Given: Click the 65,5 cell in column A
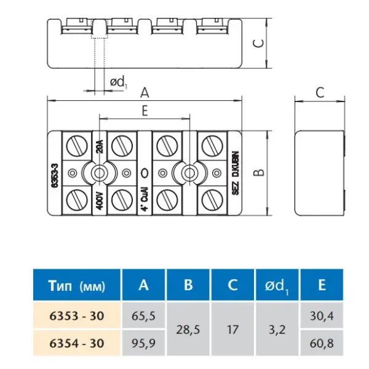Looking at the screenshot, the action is click(x=143, y=315).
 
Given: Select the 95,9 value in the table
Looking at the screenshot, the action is click(x=143, y=343).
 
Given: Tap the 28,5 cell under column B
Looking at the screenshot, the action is click(x=188, y=329).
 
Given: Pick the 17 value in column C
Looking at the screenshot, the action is click(x=232, y=329).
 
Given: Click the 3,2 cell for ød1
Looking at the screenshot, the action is click(x=277, y=329).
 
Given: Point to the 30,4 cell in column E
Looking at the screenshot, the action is click(x=322, y=315).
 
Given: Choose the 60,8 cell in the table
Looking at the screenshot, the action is click(x=322, y=343).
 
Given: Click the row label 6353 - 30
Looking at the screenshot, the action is click(x=77, y=315).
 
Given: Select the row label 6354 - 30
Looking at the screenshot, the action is click(x=77, y=343).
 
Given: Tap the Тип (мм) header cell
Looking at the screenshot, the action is click(x=77, y=285).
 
